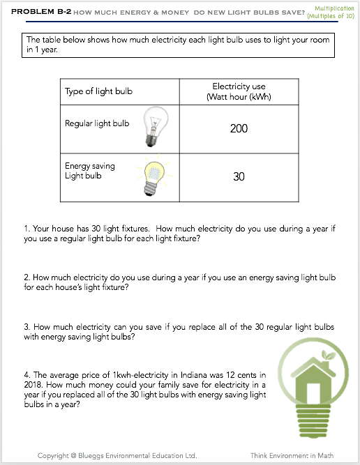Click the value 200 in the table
(x=239, y=128)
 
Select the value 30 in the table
(x=239, y=177)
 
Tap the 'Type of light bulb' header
(x=98, y=91)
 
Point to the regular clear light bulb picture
(x=155, y=127)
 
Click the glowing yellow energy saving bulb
(x=154, y=175)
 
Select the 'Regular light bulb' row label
(x=97, y=123)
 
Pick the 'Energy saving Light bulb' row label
(x=89, y=171)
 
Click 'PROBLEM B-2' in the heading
(x=41, y=12)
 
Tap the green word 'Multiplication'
(x=334, y=8)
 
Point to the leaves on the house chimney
(x=328, y=355)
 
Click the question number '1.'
(x=27, y=229)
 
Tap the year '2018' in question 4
(x=33, y=385)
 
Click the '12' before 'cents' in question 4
(x=230, y=375)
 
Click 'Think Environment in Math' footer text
(x=292, y=455)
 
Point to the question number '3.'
(x=27, y=327)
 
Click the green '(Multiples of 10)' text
(x=331, y=16)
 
